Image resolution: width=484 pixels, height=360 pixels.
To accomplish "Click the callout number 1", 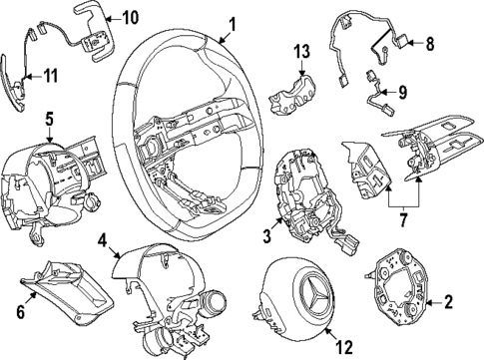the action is point(233,25).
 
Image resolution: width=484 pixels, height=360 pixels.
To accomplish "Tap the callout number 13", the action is point(301,52).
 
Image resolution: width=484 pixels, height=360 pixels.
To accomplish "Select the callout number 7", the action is point(403,219).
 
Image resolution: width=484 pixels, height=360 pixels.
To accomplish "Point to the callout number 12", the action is point(344,347).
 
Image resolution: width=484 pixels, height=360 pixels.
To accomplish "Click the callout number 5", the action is point(49,120).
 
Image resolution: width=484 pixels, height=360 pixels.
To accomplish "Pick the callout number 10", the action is point(129,18).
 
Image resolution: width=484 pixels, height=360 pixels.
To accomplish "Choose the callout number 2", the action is point(448,302).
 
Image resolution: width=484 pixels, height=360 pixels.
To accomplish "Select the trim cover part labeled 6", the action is point(67,294).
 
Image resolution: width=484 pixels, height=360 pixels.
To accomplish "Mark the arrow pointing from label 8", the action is point(414,43).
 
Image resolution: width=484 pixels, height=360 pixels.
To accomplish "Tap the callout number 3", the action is point(267,236).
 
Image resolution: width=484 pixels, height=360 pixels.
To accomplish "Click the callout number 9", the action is point(402,92).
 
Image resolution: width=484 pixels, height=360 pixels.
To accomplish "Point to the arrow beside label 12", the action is point(330,334).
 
